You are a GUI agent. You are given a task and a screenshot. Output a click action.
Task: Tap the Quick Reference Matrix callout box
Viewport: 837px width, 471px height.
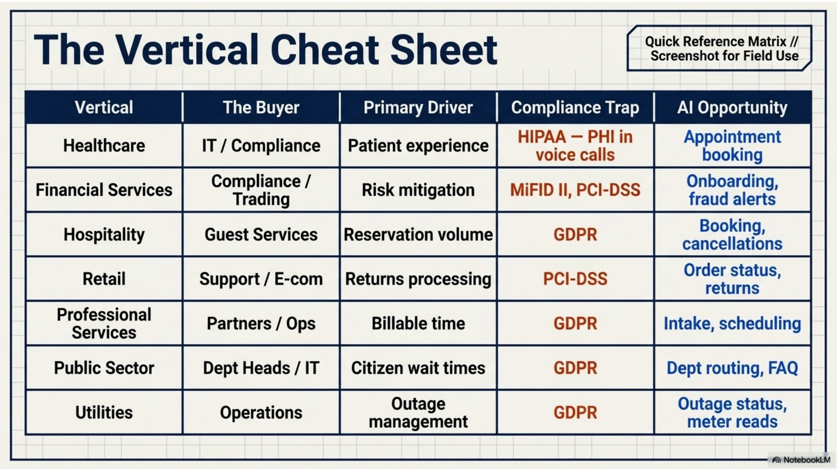[x=719, y=48]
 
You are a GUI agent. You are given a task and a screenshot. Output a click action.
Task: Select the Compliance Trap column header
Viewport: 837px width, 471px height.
[x=575, y=107]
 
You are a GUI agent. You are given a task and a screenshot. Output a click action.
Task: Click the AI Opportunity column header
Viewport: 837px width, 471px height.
[x=732, y=107]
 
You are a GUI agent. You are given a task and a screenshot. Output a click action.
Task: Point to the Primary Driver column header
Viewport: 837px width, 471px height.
[x=418, y=107]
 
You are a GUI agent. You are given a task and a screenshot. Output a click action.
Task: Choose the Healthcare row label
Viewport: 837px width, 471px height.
[x=104, y=146]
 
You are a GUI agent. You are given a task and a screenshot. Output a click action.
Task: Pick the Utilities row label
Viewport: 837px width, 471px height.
[x=104, y=413]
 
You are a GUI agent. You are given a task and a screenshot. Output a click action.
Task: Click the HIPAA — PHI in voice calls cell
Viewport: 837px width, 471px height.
[x=575, y=146]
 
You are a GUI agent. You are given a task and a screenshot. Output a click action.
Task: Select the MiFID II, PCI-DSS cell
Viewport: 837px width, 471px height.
[x=575, y=190]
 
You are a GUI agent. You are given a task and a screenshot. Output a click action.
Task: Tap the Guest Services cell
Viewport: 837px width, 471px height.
[x=261, y=235]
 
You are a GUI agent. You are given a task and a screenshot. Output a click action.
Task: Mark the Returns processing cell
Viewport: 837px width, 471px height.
[x=418, y=279]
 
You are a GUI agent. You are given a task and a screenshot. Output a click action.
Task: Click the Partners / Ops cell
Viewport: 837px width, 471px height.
[x=261, y=324]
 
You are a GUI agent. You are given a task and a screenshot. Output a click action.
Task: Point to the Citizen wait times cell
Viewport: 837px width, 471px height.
[x=418, y=368]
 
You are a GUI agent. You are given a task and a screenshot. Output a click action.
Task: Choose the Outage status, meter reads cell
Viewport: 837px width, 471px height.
[x=732, y=413]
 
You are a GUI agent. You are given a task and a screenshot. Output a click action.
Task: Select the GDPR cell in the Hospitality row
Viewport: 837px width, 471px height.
[x=575, y=235]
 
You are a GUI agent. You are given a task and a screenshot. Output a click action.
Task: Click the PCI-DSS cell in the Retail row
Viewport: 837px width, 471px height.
[x=575, y=279]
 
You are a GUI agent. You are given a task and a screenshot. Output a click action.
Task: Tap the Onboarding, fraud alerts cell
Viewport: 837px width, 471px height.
[x=732, y=190]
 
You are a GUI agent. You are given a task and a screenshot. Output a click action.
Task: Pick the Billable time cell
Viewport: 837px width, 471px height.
[x=418, y=324]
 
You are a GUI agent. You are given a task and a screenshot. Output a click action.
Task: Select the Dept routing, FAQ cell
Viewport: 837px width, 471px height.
[x=732, y=368]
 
